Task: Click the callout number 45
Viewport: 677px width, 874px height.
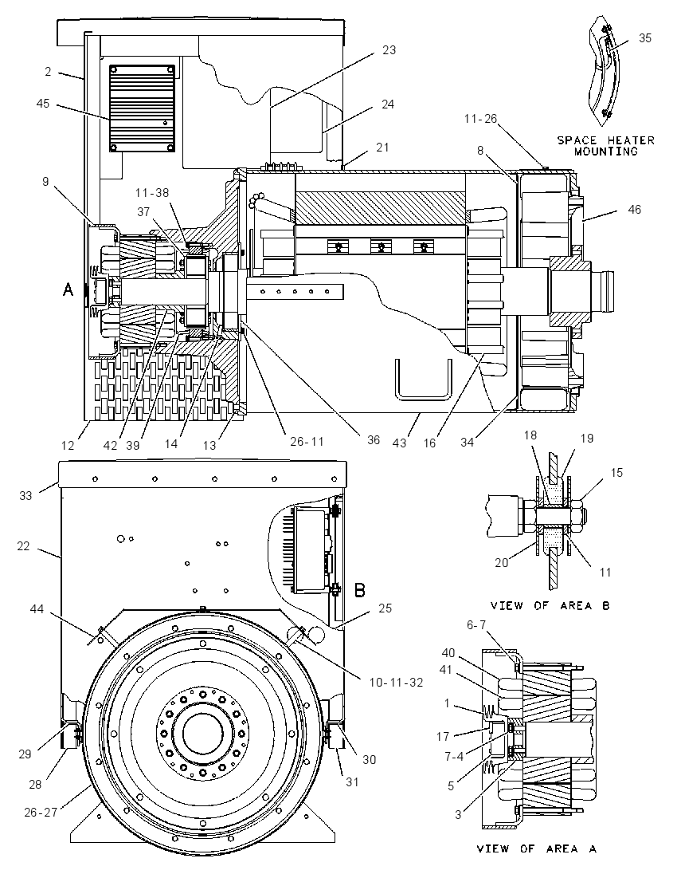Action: click(43, 104)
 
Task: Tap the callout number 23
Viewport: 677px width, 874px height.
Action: click(389, 50)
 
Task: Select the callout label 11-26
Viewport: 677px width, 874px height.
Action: click(480, 119)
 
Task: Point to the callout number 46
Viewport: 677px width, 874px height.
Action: click(634, 210)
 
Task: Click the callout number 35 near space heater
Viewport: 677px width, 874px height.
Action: click(644, 38)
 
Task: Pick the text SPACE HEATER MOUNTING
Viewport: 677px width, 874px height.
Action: click(606, 145)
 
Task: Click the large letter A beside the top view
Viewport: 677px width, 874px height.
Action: click(68, 289)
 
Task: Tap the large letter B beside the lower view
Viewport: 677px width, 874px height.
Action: click(360, 590)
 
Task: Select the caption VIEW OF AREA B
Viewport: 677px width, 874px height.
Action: click(550, 605)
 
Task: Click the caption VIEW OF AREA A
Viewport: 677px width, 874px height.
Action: click(537, 848)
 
